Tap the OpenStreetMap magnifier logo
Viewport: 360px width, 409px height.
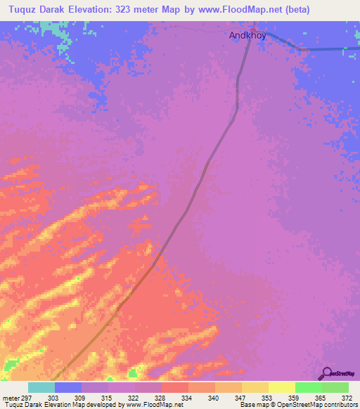tap(326, 374)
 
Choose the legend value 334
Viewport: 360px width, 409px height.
tap(187, 398)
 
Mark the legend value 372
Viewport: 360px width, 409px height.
tap(347, 398)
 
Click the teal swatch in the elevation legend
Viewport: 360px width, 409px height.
tap(41, 387)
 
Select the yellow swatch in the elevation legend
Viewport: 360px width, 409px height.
tap(281, 387)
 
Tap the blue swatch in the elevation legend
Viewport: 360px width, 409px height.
tap(68, 387)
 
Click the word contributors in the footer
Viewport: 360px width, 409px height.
tap(338, 405)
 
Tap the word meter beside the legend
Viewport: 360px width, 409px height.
tap(11, 398)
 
